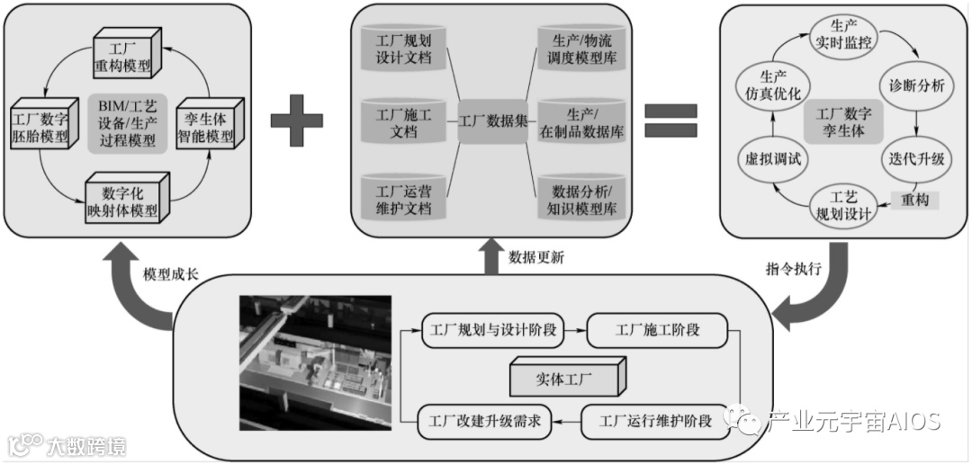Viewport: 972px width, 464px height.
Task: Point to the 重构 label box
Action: point(913,200)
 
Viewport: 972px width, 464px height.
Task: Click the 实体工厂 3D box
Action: point(565,376)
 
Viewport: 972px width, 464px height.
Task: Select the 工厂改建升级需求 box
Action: point(485,421)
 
